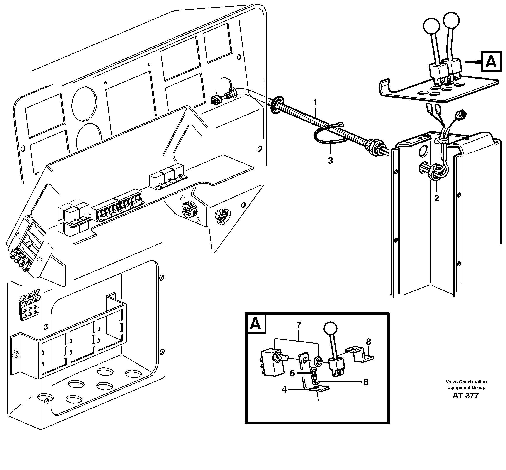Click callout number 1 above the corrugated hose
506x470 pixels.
(315, 102)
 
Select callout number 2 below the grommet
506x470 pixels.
(436, 198)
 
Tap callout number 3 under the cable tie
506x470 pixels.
(330, 160)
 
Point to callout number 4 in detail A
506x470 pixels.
(284, 389)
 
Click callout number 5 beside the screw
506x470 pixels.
(292, 373)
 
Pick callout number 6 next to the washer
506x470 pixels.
(365, 382)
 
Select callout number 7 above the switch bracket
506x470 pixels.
(299, 325)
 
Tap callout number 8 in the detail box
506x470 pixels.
(368, 342)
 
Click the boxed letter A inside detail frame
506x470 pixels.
(256, 324)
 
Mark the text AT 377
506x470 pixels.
(465, 396)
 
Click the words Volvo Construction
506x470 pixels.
(466, 382)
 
